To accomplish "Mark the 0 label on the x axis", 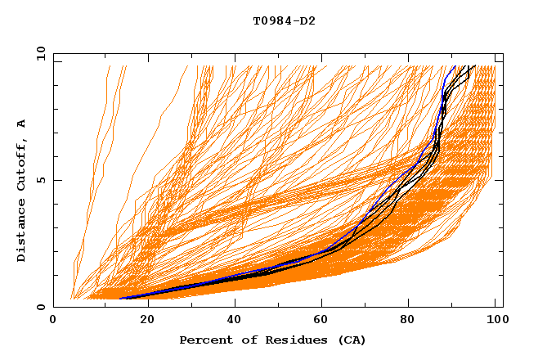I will click(x=53, y=321).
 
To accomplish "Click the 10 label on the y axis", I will click(x=39, y=54).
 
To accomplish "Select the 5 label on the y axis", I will click(x=42, y=181).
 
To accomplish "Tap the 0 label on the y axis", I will click(x=42, y=308).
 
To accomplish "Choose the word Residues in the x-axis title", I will click(x=290, y=340).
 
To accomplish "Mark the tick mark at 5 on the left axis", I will click(x=56, y=180).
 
